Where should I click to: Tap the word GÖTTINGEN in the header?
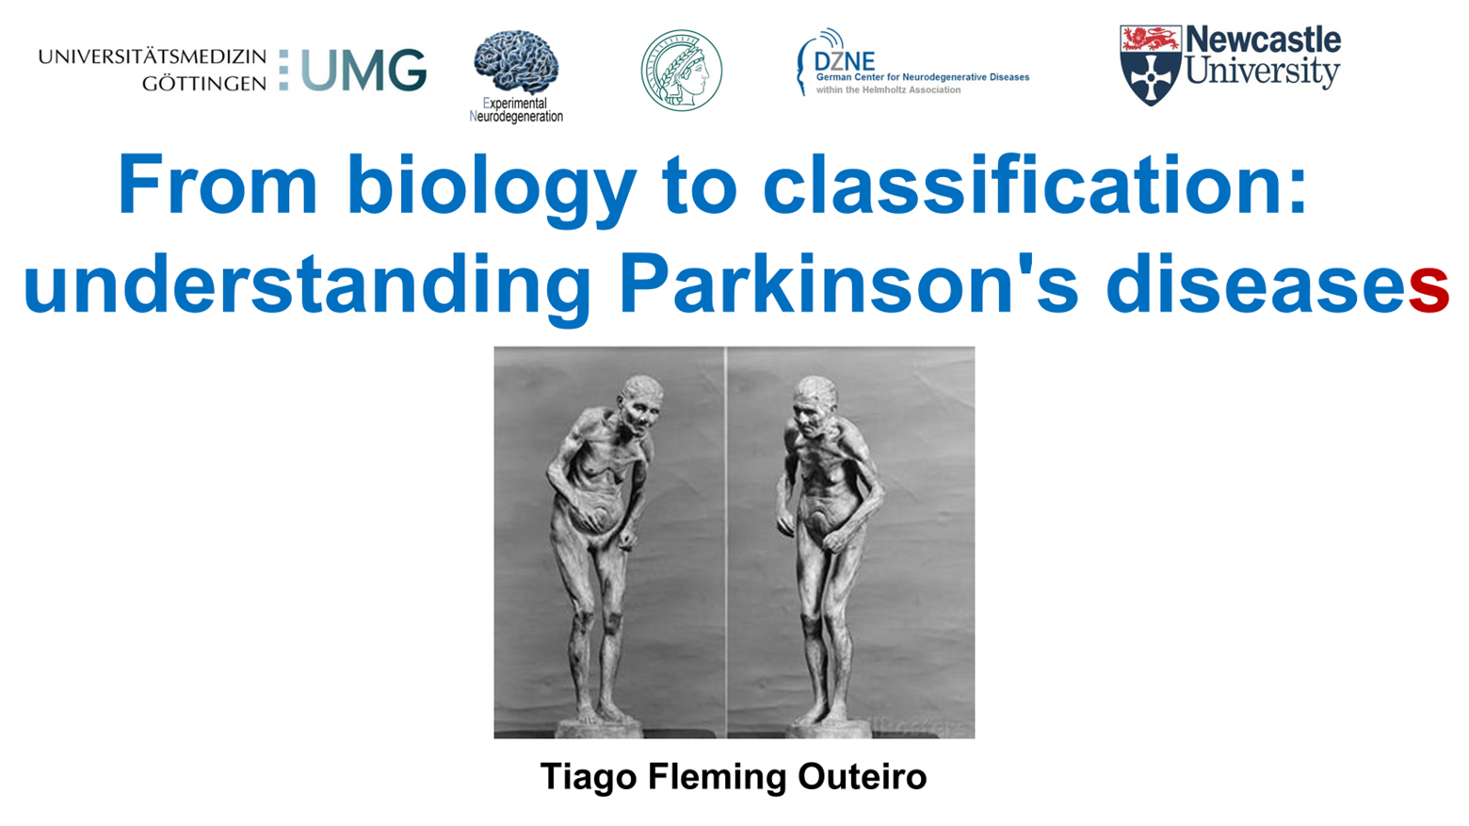coord(204,84)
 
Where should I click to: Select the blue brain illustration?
coord(515,61)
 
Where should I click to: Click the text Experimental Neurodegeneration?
coord(516,110)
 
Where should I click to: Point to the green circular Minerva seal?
coord(682,71)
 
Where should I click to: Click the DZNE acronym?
coord(845,61)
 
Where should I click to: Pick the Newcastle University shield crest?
coord(1150,65)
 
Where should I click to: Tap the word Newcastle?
coord(1263,40)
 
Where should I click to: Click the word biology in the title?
coord(491,186)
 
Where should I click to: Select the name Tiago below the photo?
coord(589,777)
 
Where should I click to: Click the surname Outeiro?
coord(863,777)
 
